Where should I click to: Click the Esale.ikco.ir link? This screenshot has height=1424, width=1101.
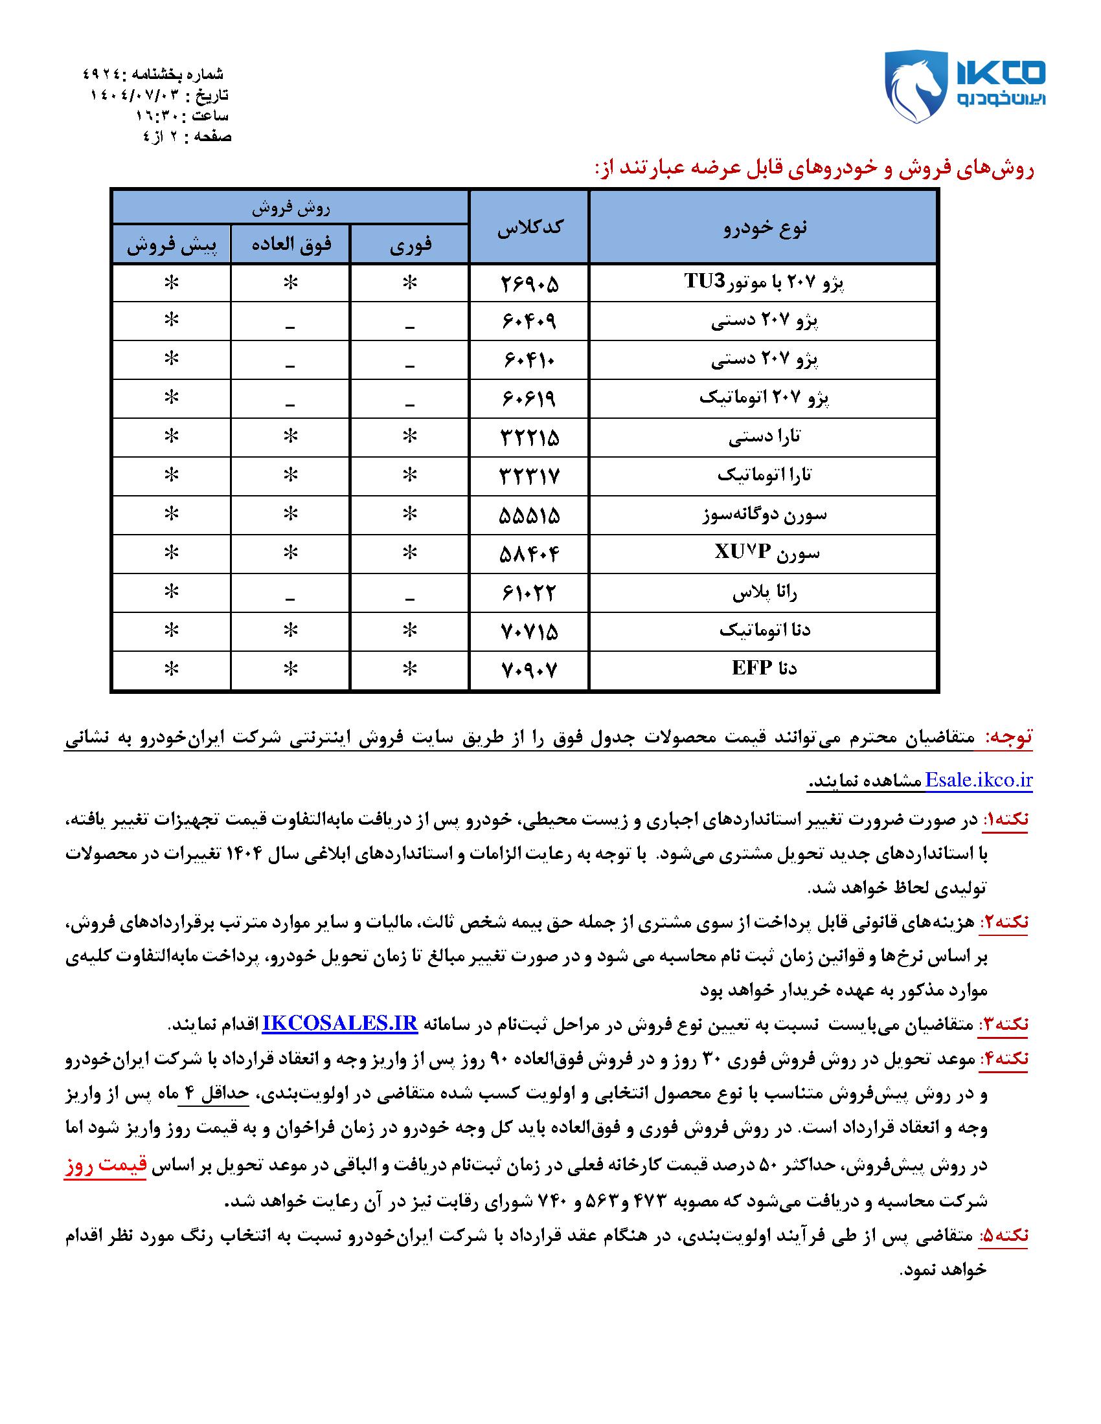point(979,781)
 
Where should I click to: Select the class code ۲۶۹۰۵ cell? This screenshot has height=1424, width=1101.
point(529,283)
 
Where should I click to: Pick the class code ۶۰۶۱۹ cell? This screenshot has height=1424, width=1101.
point(529,398)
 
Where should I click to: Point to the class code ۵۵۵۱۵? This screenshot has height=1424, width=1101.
point(529,515)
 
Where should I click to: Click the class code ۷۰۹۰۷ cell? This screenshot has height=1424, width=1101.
point(529,669)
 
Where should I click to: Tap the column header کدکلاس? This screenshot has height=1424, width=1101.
point(529,227)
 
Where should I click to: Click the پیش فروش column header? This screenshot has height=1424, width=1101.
point(171,245)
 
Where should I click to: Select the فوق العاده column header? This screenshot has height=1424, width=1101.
point(291,245)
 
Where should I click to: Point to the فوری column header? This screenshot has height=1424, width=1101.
point(409,245)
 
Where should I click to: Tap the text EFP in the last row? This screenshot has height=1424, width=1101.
point(752,669)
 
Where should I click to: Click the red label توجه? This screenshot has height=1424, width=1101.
point(1008,737)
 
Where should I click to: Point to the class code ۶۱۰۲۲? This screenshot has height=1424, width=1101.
point(529,593)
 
